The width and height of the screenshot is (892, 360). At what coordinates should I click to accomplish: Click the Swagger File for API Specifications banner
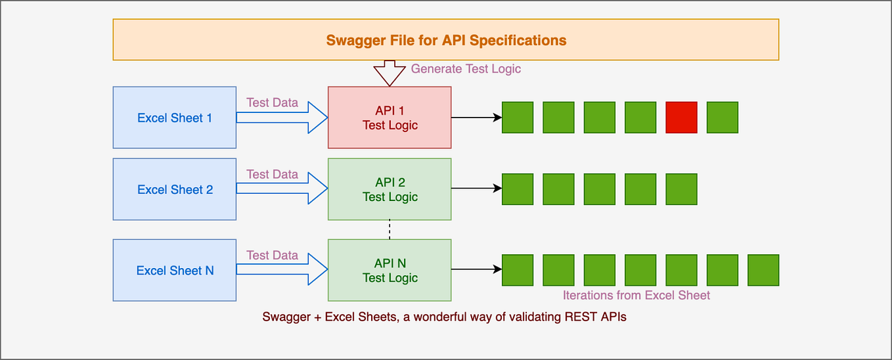(x=445, y=40)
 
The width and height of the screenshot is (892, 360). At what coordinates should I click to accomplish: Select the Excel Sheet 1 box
(x=175, y=118)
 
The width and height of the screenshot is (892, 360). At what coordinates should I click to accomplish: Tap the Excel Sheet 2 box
(x=175, y=189)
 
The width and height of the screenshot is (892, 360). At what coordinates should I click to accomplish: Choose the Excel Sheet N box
(x=175, y=270)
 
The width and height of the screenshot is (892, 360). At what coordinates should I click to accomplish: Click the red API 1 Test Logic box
(x=390, y=118)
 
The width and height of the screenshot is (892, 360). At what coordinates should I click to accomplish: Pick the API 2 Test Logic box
(x=390, y=189)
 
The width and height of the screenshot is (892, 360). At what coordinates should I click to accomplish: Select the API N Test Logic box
(x=390, y=270)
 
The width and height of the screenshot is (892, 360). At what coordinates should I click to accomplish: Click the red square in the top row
(x=681, y=118)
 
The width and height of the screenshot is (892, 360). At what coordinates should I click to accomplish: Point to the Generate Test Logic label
(x=466, y=68)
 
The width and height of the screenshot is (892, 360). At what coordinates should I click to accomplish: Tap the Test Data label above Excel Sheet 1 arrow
(x=272, y=102)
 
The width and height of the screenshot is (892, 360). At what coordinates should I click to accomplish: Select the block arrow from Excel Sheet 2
(x=281, y=189)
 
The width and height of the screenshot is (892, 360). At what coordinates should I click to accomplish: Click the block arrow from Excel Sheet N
(x=281, y=269)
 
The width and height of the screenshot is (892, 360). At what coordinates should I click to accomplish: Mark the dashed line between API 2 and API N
(x=390, y=229)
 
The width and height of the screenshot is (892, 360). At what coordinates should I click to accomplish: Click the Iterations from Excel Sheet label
(x=636, y=295)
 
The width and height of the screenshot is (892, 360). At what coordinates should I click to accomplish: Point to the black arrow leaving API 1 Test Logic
(x=476, y=118)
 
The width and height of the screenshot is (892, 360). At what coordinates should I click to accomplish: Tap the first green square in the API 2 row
(x=518, y=189)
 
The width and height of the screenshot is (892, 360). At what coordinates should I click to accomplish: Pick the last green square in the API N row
(x=763, y=270)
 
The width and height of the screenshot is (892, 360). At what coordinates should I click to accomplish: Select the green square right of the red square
(x=723, y=118)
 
